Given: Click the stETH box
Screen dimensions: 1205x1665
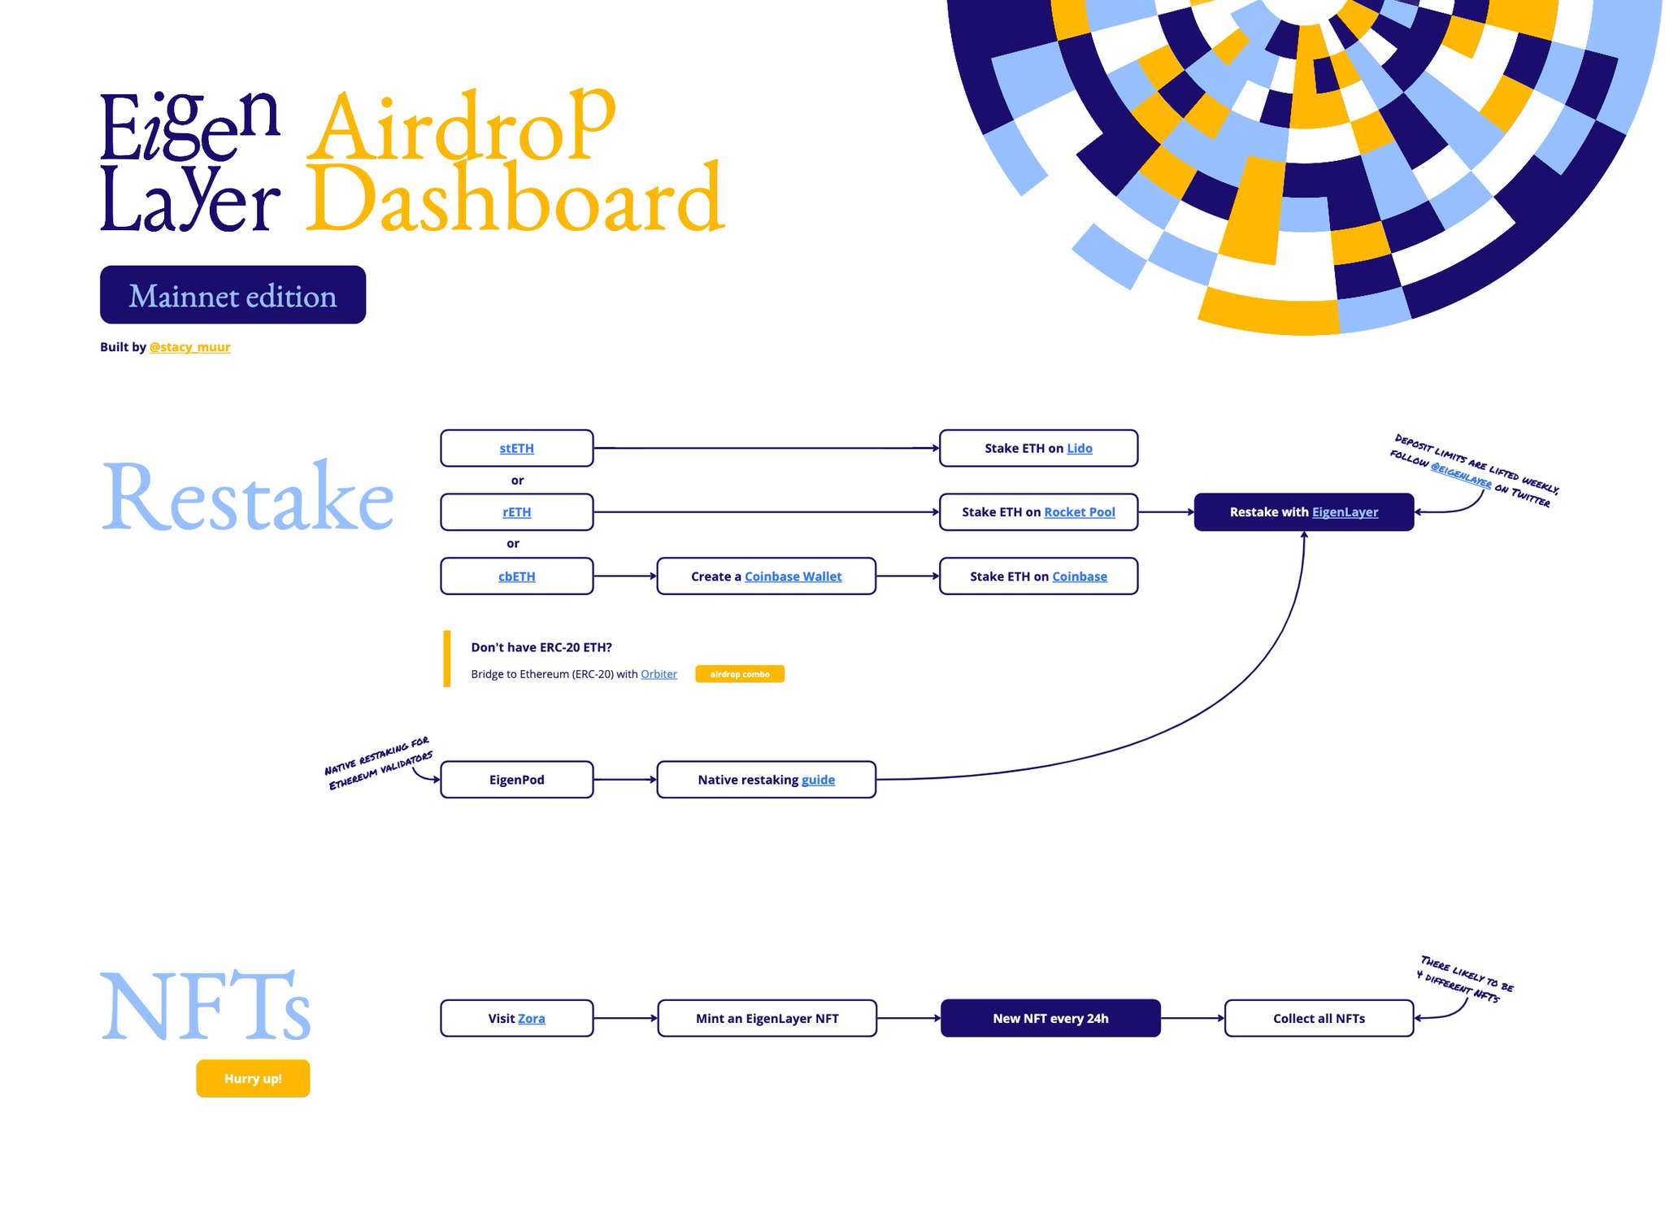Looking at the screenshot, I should point(516,448).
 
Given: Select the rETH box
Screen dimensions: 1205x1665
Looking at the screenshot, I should point(516,512).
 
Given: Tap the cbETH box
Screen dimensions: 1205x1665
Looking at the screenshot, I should point(516,576).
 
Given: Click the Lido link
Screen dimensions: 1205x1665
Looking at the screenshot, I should point(1079,448).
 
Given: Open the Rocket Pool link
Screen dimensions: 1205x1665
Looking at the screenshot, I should point(1079,512).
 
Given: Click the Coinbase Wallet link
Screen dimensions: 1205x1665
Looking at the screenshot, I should point(793,576).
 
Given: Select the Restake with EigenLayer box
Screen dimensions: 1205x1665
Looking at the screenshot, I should point(1303,512).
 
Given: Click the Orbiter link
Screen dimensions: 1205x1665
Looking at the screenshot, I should point(659,674).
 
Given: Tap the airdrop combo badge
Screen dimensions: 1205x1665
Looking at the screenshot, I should point(739,674).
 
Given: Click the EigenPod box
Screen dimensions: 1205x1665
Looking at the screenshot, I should point(516,780).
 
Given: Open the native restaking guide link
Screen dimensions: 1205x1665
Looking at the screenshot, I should point(818,780).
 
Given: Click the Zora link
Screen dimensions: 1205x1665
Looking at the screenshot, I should point(531,1019).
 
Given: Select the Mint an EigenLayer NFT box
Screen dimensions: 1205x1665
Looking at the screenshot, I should point(767,1019).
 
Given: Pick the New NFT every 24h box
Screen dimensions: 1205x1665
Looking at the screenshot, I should point(1050,1019).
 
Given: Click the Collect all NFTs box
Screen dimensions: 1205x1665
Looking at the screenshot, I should point(1319,1019).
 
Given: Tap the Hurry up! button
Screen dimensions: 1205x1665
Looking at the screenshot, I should point(253,1079).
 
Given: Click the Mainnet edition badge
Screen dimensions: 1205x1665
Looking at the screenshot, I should point(233,295).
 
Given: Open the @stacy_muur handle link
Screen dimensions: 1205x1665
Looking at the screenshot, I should point(189,347).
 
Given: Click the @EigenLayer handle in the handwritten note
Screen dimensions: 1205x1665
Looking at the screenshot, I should point(1461,476).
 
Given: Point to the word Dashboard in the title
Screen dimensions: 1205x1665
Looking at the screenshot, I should point(515,198).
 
